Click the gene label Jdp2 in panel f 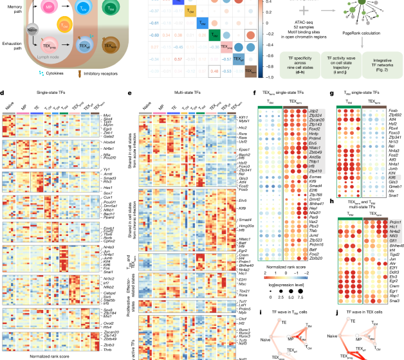coord(321,113)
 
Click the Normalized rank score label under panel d coord(48,354)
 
